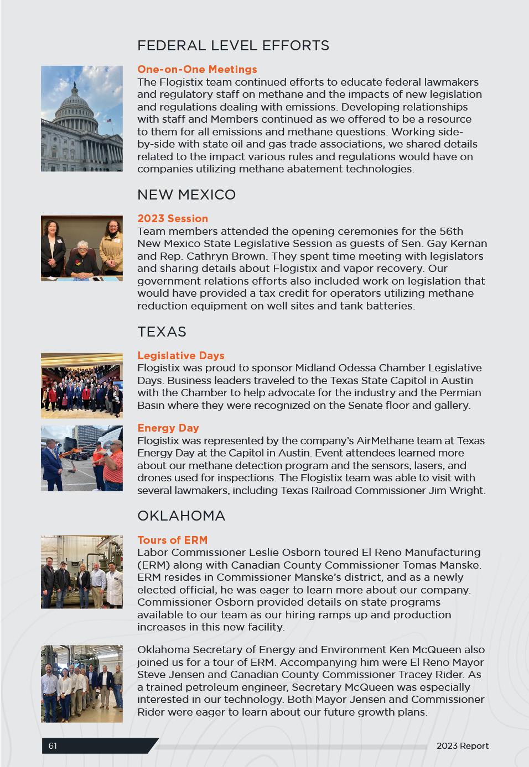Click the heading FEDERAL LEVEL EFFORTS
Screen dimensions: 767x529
[233, 45]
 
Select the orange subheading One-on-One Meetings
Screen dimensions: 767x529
[197, 70]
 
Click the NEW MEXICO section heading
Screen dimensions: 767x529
[186, 195]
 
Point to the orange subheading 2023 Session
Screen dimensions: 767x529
[173, 219]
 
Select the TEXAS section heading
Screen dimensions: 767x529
[162, 332]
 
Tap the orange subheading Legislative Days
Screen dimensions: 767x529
[181, 356]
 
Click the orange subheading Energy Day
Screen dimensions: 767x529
[168, 428]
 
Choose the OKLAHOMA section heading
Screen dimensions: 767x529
[181, 516]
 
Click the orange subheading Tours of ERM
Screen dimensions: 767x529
[173, 540]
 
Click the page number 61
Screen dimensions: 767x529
[53, 746]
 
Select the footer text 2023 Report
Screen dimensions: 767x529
[463, 746]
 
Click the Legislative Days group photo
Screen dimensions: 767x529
[82, 386]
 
